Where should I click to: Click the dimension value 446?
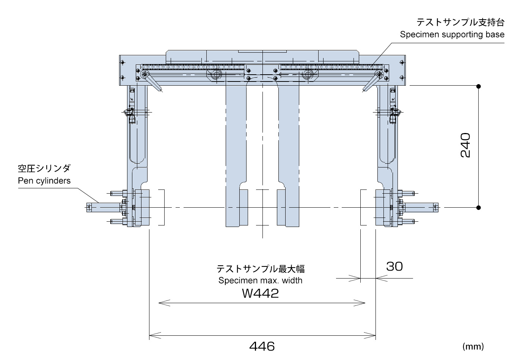(x=262, y=346)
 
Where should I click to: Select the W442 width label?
(x=260, y=293)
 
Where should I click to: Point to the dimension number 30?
(x=394, y=266)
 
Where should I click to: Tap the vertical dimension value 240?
(x=465, y=145)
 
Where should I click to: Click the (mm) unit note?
(x=473, y=346)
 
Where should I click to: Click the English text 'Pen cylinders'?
(x=44, y=181)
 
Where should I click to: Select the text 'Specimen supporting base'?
(x=452, y=34)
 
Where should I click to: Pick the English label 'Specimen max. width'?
(x=260, y=280)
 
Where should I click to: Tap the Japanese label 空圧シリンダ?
(x=44, y=169)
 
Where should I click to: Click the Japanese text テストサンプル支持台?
(x=460, y=22)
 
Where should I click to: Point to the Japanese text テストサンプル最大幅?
(x=260, y=269)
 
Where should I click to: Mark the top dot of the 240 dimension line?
(x=479, y=86)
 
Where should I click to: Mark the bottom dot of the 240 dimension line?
(x=479, y=207)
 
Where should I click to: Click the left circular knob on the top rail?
(x=217, y=75)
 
